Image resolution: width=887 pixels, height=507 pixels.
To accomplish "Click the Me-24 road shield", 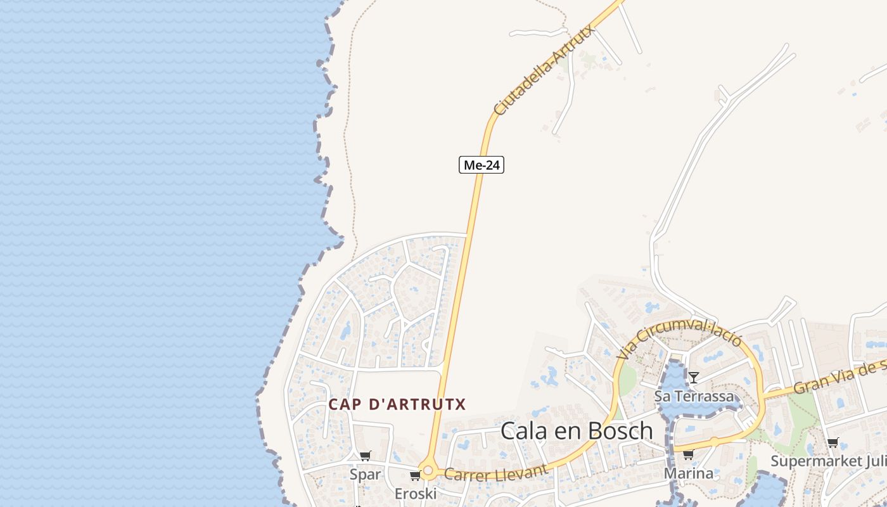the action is (482, 165).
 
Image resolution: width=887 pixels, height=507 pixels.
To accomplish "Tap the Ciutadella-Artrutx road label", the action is (544, 70).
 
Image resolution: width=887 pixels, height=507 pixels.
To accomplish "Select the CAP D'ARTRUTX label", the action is (397, 404).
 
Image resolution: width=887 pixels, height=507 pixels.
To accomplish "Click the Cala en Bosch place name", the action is (577, 431).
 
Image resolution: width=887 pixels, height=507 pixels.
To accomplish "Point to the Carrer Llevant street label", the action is (495, 473).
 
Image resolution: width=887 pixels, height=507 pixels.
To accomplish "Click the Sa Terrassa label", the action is (694, 397).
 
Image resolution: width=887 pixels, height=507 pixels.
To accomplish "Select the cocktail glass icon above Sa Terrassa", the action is (694, 378).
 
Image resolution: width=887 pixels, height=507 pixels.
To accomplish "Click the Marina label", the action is (688, 473).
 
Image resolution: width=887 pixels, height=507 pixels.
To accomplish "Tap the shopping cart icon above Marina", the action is (688, 454).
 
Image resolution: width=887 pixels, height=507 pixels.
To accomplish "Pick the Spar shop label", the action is (366, 475).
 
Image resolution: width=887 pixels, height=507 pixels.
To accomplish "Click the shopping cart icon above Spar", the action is (366, 456).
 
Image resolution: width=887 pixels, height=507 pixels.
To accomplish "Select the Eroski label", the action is (416, 494).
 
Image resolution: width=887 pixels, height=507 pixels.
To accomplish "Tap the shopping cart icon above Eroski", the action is (415, 475).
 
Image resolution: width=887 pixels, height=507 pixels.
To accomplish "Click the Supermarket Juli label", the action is (828, 461).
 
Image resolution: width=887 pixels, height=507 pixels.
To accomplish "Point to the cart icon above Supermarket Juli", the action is (833, 442).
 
